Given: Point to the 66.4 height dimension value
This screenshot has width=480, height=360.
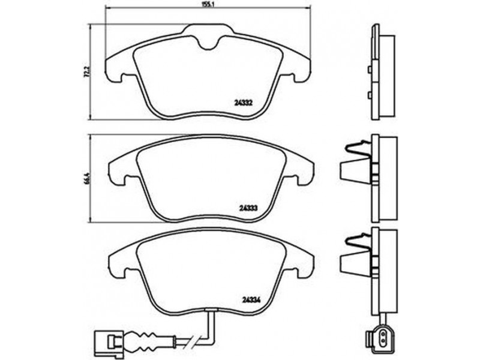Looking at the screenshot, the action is click(87, 178).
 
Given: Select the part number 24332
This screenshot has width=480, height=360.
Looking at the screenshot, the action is click(243, 103).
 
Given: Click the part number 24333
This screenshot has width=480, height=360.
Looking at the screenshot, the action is click(248, 208).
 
